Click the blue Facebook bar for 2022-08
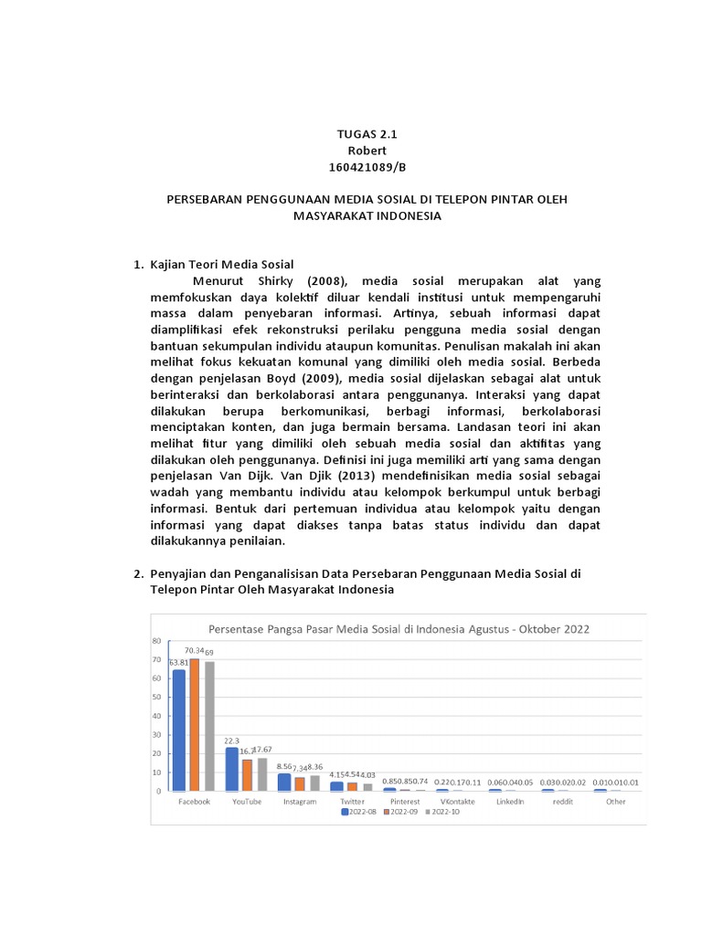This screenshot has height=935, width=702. tap(179, 730)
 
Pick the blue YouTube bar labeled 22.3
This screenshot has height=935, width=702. tap(232, 770)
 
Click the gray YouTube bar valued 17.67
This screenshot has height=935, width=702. tap(261, 774)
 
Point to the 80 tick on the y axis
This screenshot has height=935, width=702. tap(156, 641)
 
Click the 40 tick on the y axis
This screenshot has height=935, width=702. tap(156, 716)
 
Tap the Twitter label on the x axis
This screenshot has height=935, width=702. tap(352, 802)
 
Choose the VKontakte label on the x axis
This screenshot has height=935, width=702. tap(457, 802)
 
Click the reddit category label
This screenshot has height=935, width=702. tap(563, 802)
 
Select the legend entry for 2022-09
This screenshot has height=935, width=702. tap(401, 812)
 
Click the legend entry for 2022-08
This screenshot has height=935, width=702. tap(360, 812)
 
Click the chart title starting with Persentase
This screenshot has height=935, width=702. tap(399, 628)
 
